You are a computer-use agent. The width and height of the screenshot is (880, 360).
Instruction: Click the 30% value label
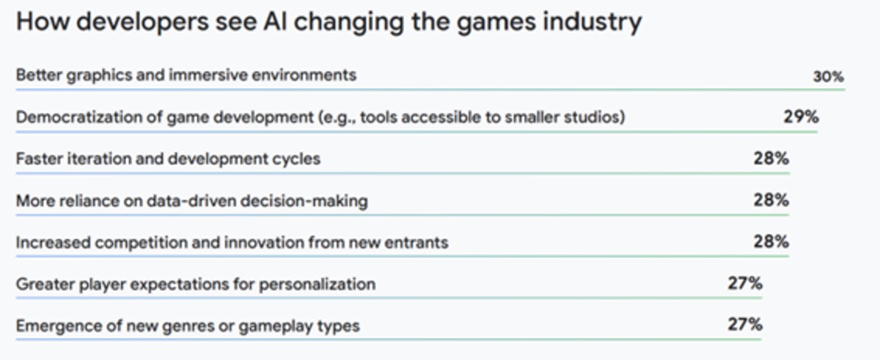coord(828,76)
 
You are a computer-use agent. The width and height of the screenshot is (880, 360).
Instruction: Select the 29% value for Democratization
coord(801,117)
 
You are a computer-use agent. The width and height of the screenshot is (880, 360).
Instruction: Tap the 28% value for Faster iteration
coord(771,158)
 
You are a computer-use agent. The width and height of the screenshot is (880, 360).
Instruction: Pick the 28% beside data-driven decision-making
coord(771,200)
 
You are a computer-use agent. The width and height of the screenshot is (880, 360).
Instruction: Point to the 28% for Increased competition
coord(771,241)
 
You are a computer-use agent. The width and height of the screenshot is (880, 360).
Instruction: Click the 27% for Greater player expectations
coord(745,283)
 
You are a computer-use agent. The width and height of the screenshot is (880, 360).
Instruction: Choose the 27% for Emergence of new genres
coord(745,325)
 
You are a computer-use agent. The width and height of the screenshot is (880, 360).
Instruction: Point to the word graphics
coord(99,76)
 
